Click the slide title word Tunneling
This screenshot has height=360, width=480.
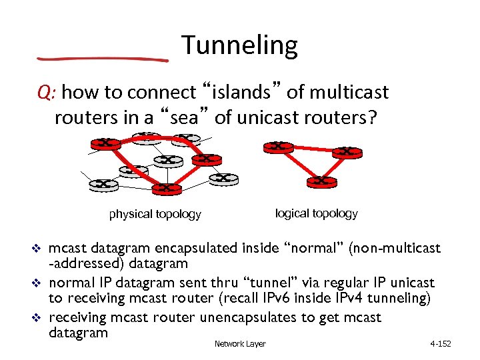click(x=239, y=45)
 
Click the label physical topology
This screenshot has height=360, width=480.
click(x=155, y=214)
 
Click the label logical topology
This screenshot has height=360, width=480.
click(x=316, y=213)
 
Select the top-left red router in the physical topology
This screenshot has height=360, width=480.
click(x=105, y=143)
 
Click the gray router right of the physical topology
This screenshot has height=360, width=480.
click(x=223, y=179)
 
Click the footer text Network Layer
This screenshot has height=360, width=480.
click(x=240, y=344)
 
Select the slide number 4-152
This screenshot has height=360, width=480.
click(x=441, y=344)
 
